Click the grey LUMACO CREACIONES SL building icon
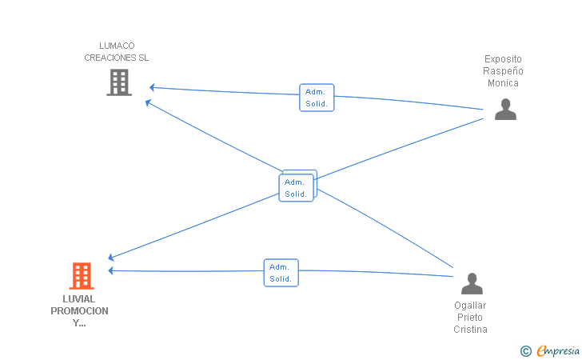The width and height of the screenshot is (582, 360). point(119,82)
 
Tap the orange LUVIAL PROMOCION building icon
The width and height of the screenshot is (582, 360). point(82,276)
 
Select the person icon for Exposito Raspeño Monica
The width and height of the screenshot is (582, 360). point(505,110)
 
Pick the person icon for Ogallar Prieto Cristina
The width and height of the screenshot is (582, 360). point(472,283)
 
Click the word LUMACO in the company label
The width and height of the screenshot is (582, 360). point(117,46)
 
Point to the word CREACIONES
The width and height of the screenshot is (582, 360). point(106,58)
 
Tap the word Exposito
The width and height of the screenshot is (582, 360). point(503,59)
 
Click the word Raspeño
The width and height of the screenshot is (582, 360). point(503,71)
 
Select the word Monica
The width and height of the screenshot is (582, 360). point(503,83)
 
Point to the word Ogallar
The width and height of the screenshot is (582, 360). point(470,306)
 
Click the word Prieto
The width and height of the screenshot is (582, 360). point(470,318)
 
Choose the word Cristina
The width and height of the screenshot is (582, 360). point(470,330)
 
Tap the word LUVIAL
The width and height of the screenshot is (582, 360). point(78,299)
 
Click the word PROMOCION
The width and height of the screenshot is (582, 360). point(79,311)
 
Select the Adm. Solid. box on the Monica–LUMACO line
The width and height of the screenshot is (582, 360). point(317,98)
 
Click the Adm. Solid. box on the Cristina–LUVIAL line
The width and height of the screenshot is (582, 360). point(281,273)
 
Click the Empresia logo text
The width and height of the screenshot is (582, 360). point(558,350)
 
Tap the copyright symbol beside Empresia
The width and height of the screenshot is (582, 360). point(526,351)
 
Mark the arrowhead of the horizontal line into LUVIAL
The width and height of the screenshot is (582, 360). point(110,270)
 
